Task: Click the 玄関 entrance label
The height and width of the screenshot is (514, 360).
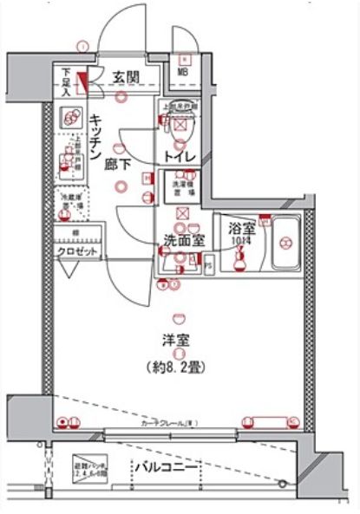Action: pos(126,78)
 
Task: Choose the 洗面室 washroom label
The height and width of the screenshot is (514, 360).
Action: pos(180,240)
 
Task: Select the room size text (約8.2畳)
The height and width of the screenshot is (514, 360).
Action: pos(179,366)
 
